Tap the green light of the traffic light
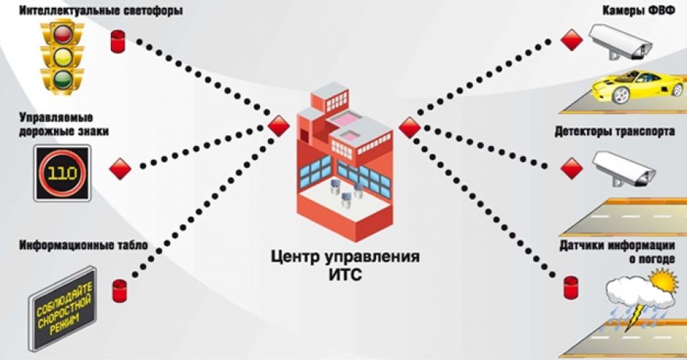click(63, 78)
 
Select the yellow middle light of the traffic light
click(63, 55)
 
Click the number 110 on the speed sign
click(62, 174)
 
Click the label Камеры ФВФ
click(639, 11)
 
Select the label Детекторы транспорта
click(615, 131)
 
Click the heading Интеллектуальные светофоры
click(100, 10)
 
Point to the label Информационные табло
click(84, 245)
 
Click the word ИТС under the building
click(345, 276)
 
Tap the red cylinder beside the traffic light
click(117, 42)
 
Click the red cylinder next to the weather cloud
click(571, 287)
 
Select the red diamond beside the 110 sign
click(120, 168)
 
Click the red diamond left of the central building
click(279, 126)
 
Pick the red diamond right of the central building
click(410, 127)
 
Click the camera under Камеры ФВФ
click(619, 42)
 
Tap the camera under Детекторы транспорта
click(624, 169)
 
